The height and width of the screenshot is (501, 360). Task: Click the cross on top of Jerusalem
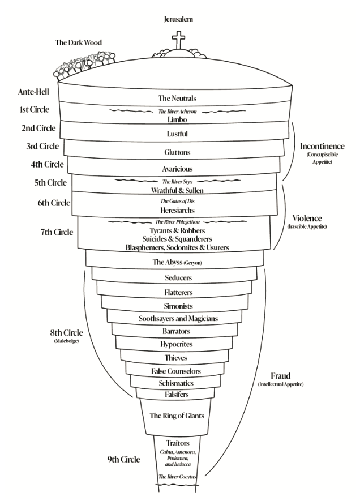click(178, 42)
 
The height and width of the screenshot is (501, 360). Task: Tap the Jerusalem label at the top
click(178, 19)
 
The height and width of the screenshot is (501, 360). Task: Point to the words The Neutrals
click(177, 99)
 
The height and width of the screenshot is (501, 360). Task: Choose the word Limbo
click(177, 120)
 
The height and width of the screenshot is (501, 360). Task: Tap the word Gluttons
click(177, 152)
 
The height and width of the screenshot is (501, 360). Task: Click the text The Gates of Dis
click(177, 201)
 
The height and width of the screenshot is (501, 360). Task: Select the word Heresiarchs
click(177, 210)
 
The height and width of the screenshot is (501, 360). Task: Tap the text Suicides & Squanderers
click(177, 239)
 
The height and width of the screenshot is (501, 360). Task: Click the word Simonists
click(177, 306)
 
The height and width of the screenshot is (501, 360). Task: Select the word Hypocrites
click(177, 344)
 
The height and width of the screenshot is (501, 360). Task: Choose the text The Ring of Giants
click(177, 416)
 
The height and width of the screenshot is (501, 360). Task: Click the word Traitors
click(177, 443)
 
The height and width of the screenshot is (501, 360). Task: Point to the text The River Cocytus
click(177, 477)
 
